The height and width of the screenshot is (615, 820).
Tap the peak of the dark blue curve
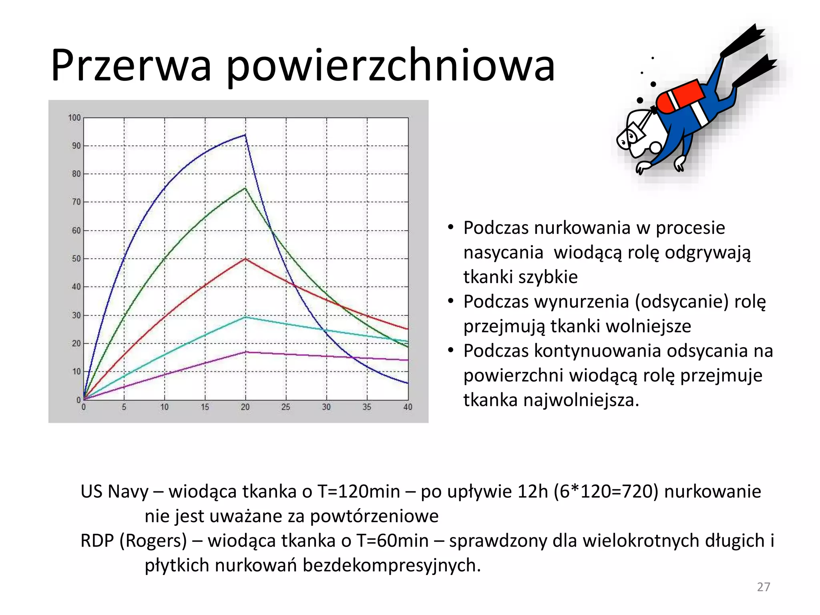pos(245,135)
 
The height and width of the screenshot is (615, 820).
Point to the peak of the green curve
pos(245,188)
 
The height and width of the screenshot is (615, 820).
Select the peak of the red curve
pos(245,259)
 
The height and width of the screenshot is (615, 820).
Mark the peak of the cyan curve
pos(245,317)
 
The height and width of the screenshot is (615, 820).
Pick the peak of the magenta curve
pos(245,352)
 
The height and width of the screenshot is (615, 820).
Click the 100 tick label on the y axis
pos(74,118)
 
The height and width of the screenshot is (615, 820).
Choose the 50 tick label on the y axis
pos(76,259)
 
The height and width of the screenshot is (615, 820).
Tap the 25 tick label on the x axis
pos(285,407)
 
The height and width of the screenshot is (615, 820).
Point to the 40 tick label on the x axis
pos(408,407)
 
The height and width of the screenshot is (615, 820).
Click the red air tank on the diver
pos(680,96)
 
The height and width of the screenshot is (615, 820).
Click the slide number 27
pos(763,587)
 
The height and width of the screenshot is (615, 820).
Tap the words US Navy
pos(115,492)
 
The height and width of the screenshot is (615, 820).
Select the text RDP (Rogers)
pos(134,541)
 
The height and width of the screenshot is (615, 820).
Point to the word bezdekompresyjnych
pos(391,565)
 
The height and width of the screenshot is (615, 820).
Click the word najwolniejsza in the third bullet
pos(551,400)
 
